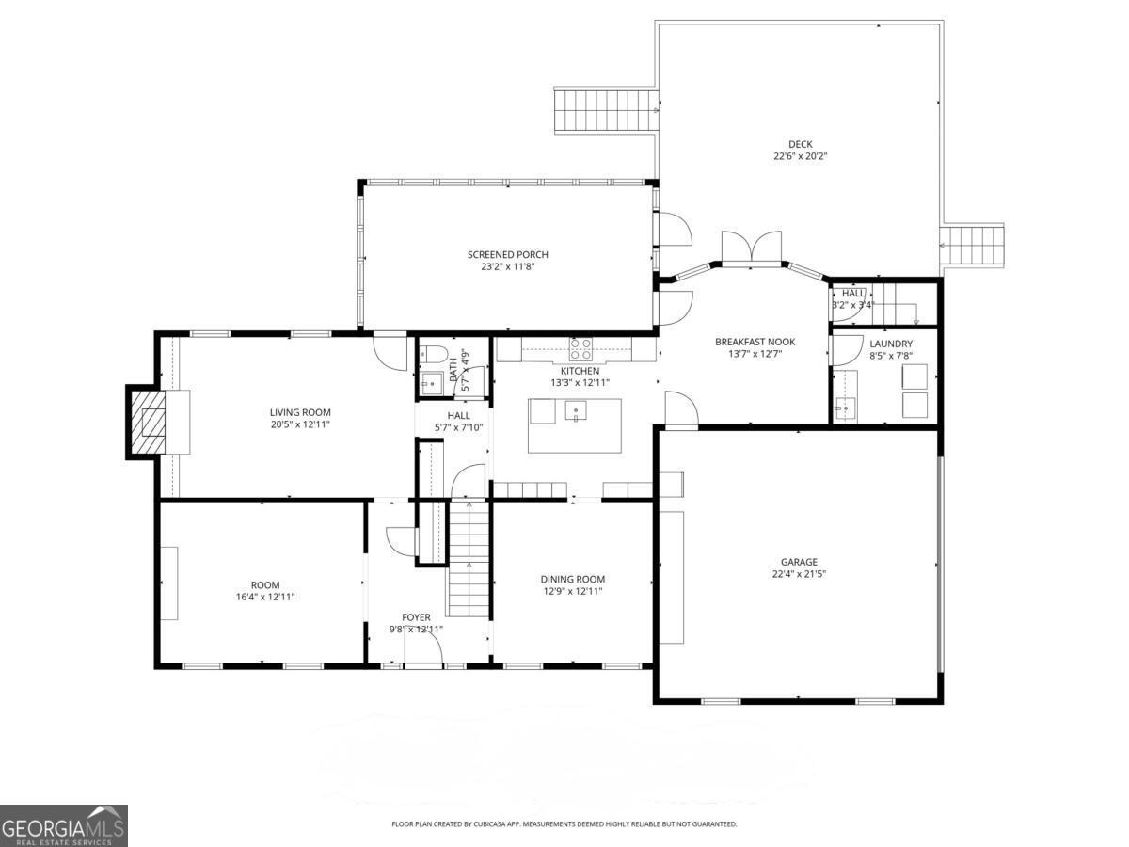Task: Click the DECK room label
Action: tap(800, 144)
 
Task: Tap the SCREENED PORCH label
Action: tap(507, 254)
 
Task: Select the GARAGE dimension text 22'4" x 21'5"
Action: tap(798, 574)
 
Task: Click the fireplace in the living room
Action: tap(149, 422)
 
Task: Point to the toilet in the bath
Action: tap(434, 356)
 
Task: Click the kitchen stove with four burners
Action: tap(581, 349)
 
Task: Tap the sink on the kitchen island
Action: tap(575, 409)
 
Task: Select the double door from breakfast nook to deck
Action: tap(751, 248)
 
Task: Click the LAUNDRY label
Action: tap(890, 344)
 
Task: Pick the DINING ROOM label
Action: tap(572, 579)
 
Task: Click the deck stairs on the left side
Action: tap(604, 111)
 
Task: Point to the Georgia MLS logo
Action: tap(63, 825)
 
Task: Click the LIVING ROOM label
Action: tap(300, 412)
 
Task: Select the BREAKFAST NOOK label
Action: tap(755, 342)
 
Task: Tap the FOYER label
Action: tap(416, 617)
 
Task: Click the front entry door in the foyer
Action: tap(423, 649)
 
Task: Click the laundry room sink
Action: tap(846, 408)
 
